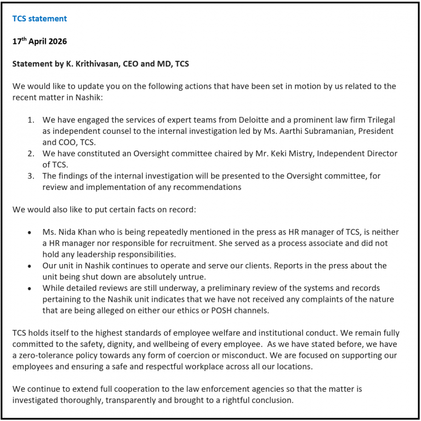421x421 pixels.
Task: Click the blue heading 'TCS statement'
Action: tap(39, 19)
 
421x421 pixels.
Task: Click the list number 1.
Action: tap(31, 120)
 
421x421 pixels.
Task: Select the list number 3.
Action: tap(31, 176)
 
